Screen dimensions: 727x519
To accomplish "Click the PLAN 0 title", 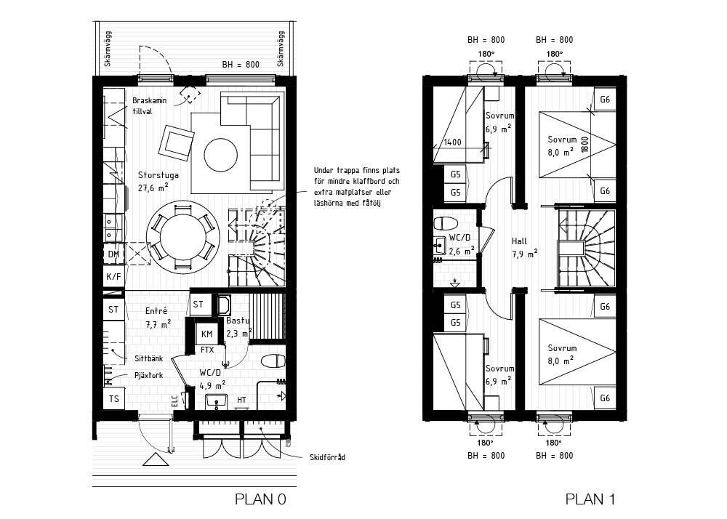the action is click(260, 499).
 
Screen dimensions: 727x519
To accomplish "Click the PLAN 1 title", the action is click(590, 499).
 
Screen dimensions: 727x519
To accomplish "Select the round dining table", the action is click(182, 237).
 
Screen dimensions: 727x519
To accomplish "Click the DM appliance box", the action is click(113, 254).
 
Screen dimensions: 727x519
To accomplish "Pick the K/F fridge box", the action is click(113, 277).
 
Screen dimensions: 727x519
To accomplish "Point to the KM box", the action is click(206, 334).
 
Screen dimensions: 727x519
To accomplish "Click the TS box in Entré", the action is click(113, 398).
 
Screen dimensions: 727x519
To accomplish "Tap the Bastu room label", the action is click(238, 321).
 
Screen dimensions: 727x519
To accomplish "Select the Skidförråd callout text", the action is click(327, 457).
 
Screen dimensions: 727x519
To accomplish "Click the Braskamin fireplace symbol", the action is click(190, 95).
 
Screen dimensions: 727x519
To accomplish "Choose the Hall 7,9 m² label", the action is click(524, 247).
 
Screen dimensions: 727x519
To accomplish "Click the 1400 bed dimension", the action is click(452, 142).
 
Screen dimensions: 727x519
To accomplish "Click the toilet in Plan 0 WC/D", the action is click(273, 361).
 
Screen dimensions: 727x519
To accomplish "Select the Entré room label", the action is click(156, 311).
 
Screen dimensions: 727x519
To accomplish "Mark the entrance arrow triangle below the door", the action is click(156, 459).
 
